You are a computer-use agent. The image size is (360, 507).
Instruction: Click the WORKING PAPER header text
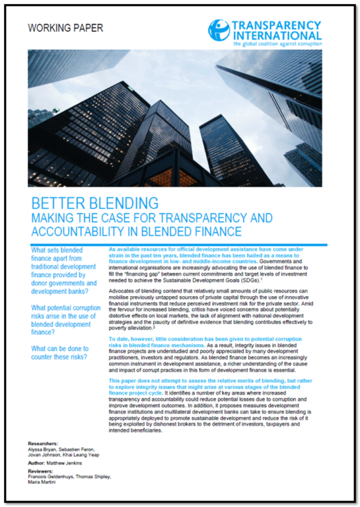pos(64,28)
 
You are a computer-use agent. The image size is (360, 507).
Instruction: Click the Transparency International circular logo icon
pos(219,30)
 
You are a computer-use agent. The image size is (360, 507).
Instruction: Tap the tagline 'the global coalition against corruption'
pos(277,44)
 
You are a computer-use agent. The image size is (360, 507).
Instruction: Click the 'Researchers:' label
pos(43,444)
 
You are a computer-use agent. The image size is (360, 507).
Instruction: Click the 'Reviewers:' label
pos(41,477)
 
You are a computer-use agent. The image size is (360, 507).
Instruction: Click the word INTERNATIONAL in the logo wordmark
pos(276,35)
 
